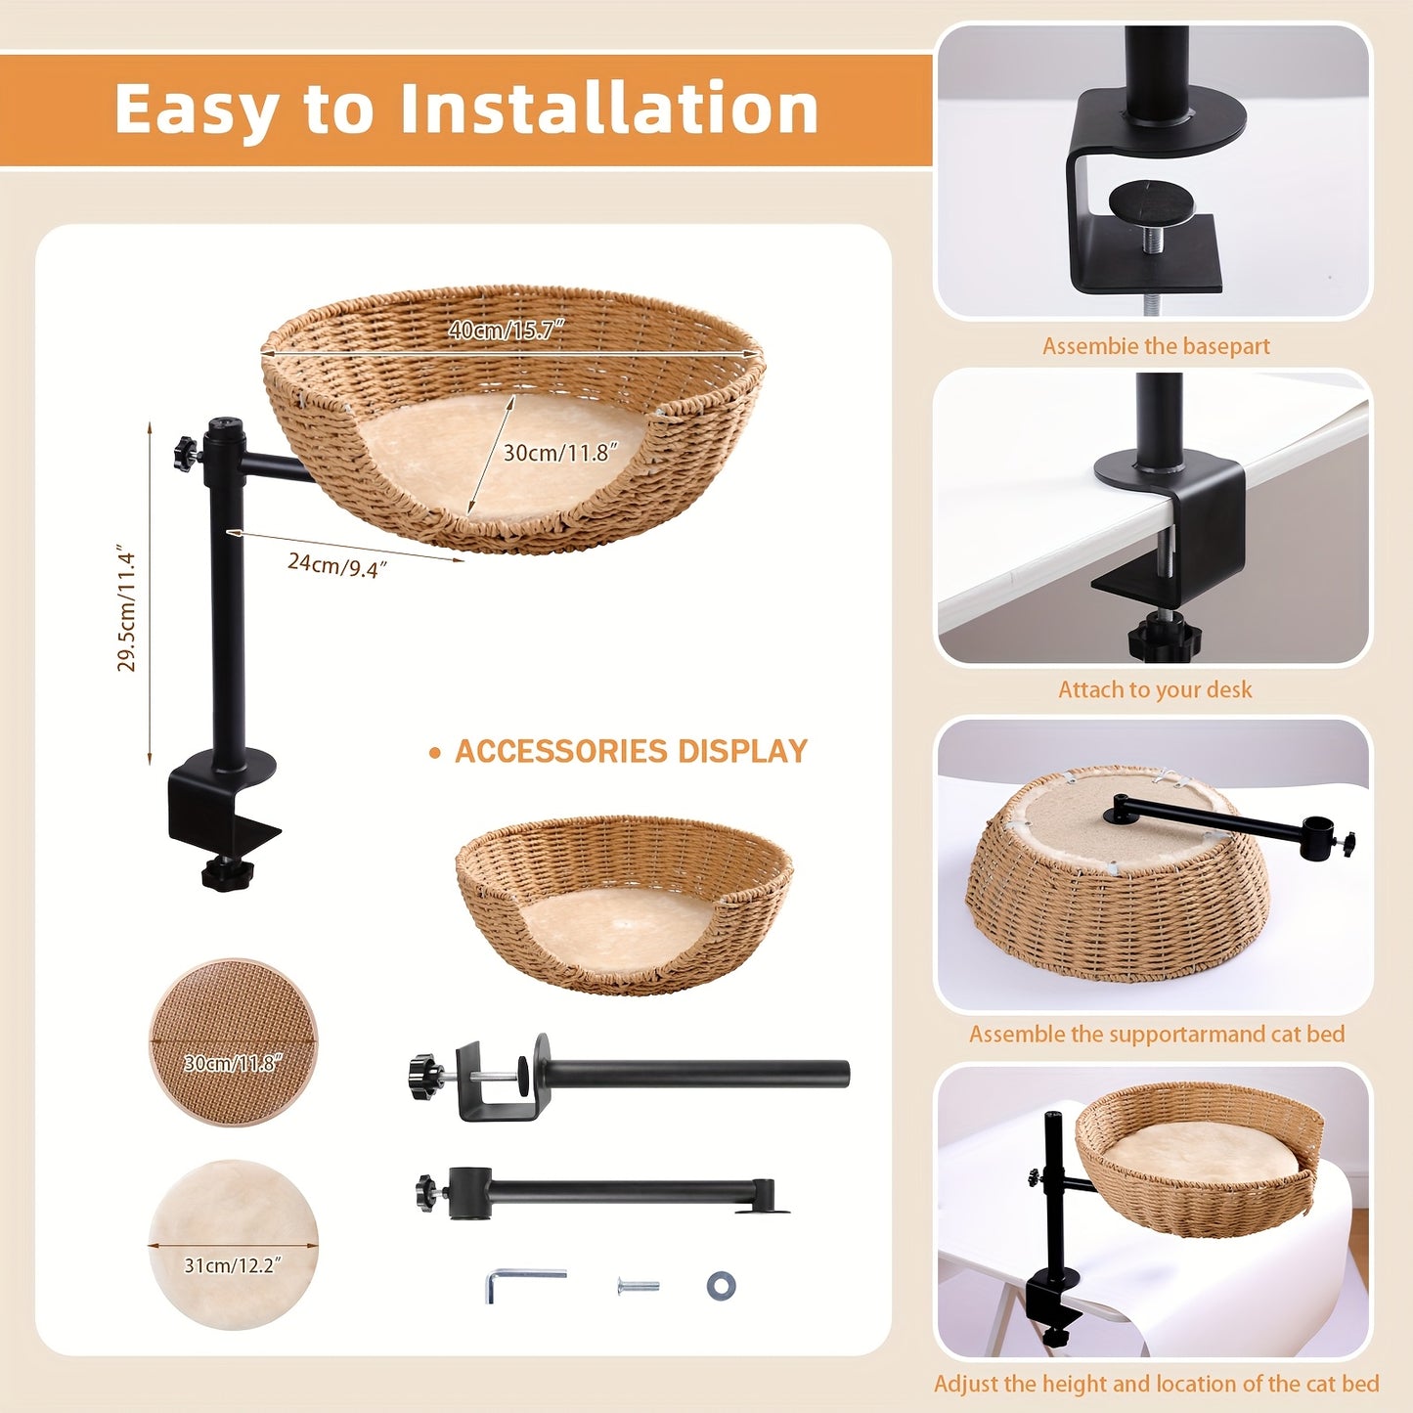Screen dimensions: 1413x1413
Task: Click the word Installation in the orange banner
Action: (608, 109)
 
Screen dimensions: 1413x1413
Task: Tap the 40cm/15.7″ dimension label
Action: (507, 330)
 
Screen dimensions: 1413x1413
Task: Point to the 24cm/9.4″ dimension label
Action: (336, 564)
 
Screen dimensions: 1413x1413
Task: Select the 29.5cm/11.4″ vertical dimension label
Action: (126, 607)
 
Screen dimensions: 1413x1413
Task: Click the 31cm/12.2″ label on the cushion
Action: (233, 1265)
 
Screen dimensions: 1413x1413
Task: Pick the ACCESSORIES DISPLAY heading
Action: (631, 752)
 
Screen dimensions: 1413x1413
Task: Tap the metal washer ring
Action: (721, 1285)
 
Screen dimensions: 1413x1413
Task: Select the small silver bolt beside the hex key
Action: (638, 1286)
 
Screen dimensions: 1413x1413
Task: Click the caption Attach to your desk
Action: (1155, 689)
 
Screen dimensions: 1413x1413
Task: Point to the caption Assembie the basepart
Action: (1156, 346)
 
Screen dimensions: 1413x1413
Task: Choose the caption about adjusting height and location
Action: (1157, 1383)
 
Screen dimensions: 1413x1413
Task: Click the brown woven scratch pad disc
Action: (233, 1041)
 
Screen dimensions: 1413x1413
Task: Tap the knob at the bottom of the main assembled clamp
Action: (227, 872)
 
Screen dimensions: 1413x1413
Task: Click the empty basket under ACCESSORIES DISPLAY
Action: (624, 904)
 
